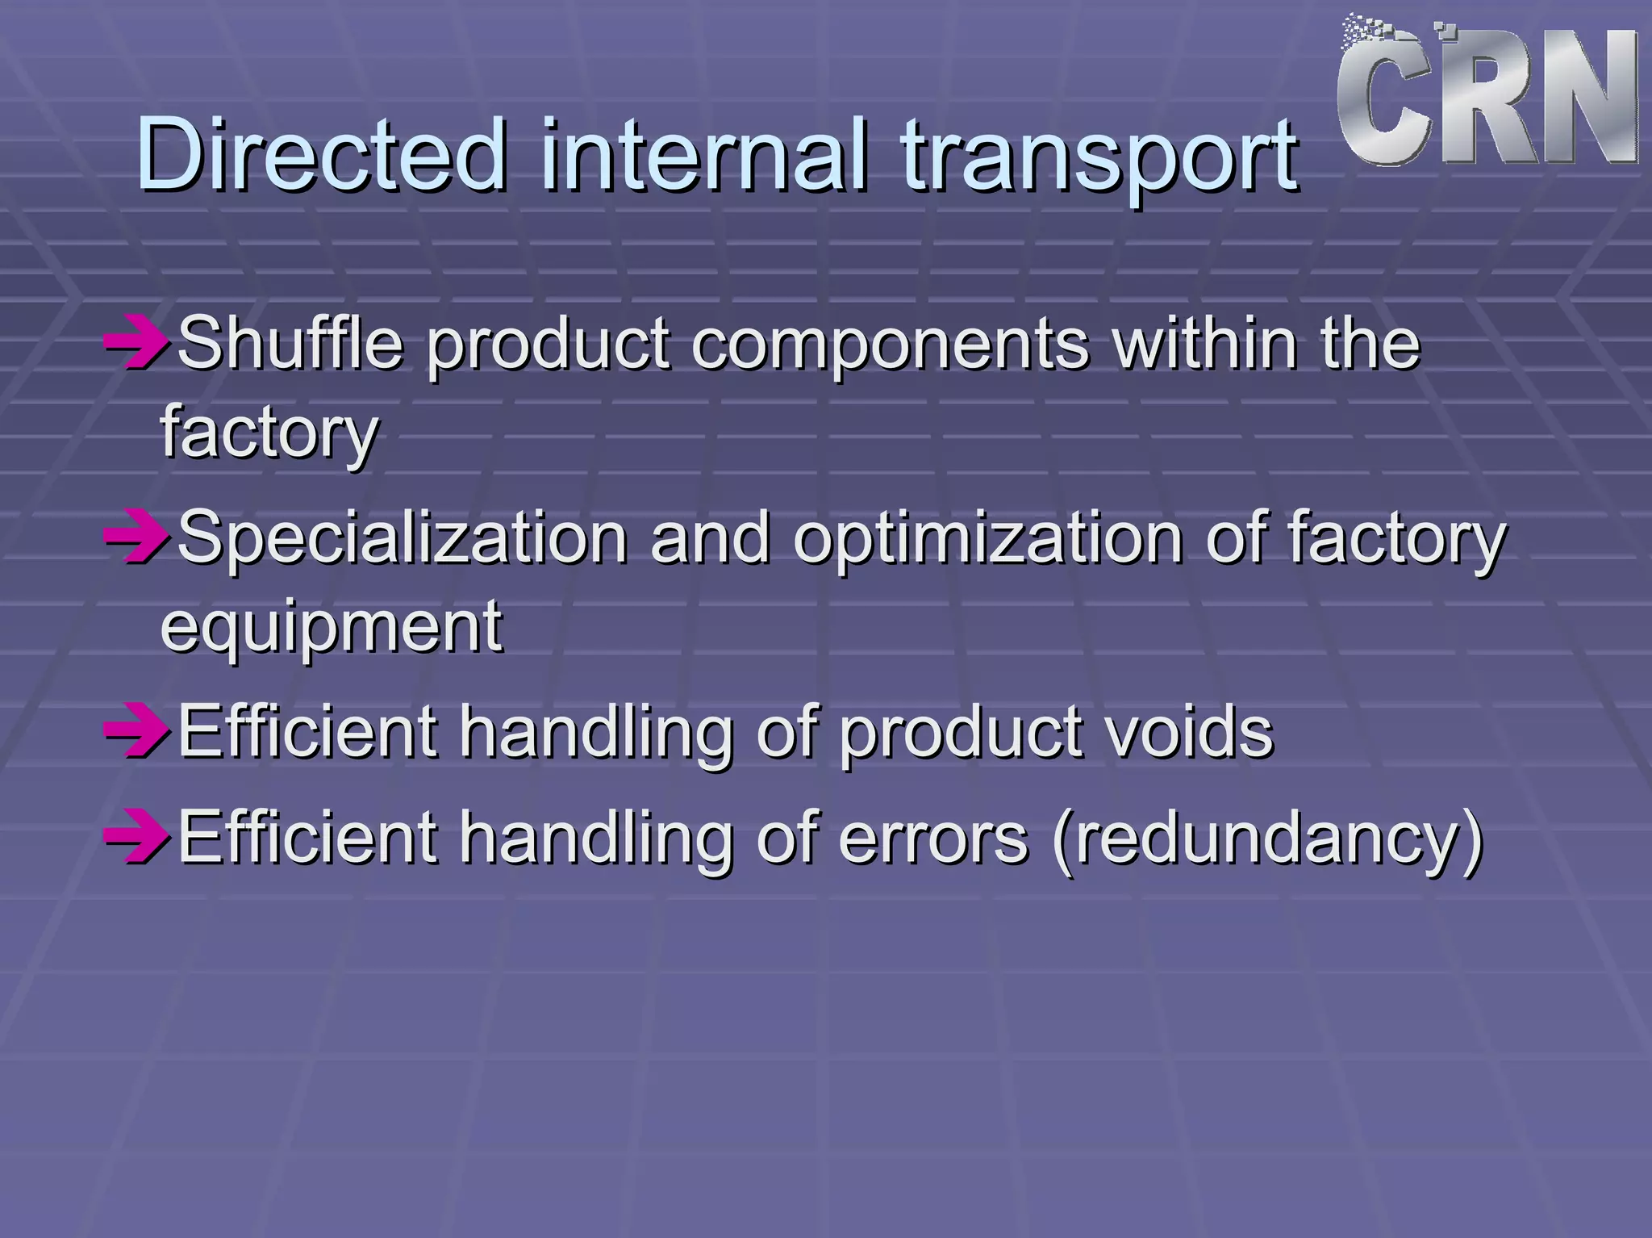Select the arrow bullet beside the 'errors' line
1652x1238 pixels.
[136, 837]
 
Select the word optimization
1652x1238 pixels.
[987, 539]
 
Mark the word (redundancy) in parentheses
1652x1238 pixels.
[1268, 839]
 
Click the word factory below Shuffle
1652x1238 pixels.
[269, 434]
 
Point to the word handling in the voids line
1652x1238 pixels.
[596, 733]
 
